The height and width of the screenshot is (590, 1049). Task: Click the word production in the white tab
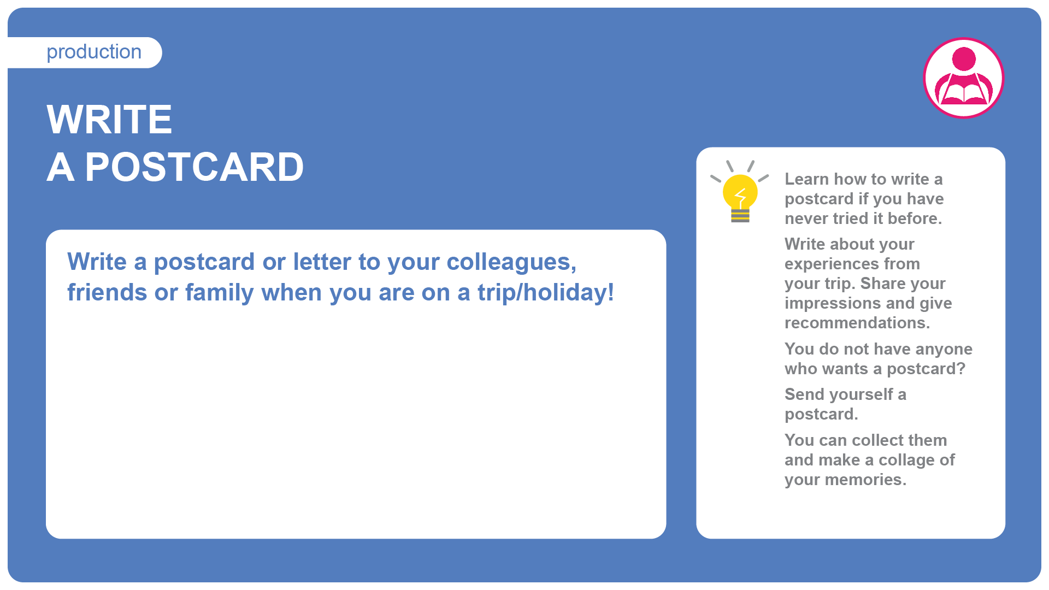point(94,52)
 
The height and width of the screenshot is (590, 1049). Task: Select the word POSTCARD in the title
point(194,167)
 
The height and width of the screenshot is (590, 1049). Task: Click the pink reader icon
point(963,78)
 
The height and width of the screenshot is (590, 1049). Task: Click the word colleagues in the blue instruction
point(511,262)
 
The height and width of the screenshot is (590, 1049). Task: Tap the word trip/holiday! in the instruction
point(546,293)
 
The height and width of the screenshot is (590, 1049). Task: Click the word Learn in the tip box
point(806,179)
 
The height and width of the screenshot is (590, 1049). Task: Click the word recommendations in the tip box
point(857,323)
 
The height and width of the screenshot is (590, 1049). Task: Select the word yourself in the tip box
point(866,395)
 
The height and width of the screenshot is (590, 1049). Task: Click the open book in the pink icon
point(964,93)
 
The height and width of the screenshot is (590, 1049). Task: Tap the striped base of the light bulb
point(740,216)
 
